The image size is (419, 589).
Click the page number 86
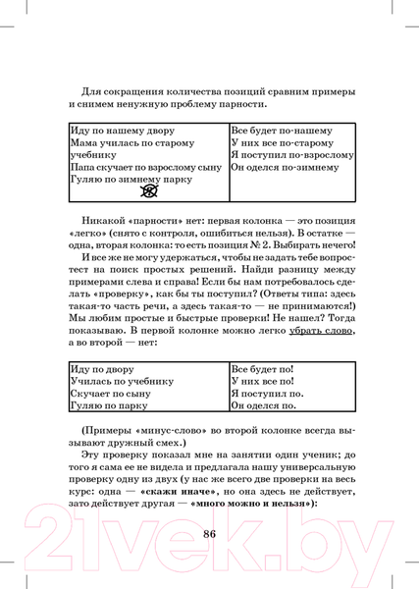pos(209,534)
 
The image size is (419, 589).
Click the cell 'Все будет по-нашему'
pos(282,131)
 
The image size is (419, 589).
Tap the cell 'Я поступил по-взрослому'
pos(291,155)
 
